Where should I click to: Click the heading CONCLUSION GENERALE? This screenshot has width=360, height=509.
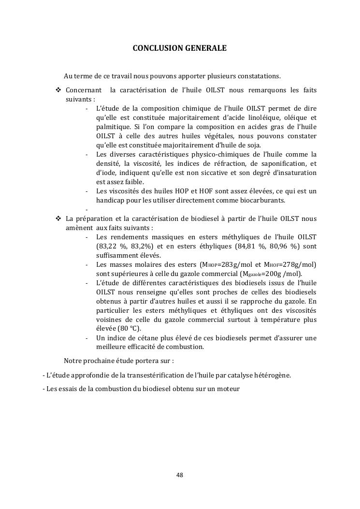click(179, 48)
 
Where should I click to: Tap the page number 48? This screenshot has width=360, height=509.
click(179, 475)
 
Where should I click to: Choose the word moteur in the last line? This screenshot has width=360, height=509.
click(228, 388)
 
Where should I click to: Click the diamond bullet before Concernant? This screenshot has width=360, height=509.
click(58, 90)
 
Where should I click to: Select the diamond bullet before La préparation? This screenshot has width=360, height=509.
click(58, 218)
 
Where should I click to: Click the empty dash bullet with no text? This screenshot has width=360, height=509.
click(86, 209)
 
